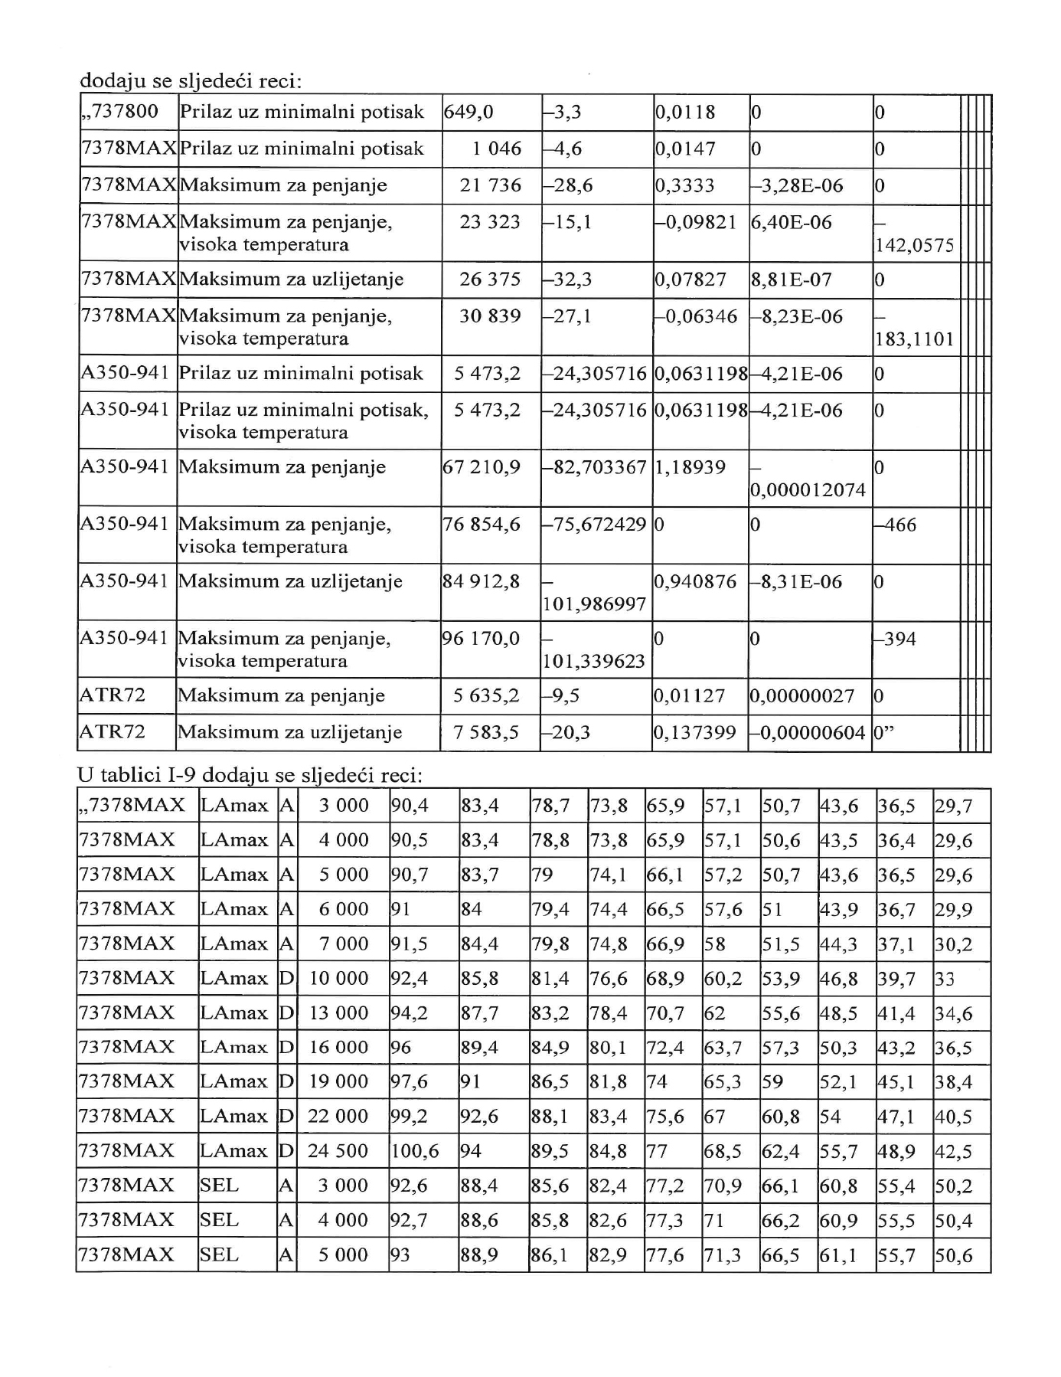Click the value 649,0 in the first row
468,113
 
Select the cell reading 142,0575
914,245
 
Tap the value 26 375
490,280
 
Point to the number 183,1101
914,339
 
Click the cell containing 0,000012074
808,490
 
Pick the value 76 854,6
482,525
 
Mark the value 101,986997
595,605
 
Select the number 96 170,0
482,639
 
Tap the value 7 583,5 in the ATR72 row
486,733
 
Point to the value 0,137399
695,733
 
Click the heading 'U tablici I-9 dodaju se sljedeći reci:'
250,775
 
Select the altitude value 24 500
338,1151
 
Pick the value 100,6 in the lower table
414,1151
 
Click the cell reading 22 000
338,1117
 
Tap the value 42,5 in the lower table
953,1152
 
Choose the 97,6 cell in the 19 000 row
410,1082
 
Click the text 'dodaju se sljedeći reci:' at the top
191,80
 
